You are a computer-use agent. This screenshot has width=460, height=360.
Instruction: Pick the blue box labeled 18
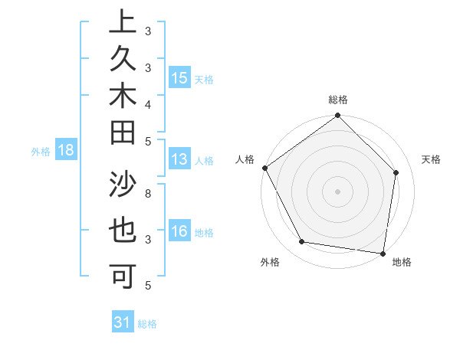pos(66,151)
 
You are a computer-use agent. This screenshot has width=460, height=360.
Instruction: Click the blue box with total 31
pos(122,322)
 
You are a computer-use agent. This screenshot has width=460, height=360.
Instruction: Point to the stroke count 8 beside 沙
pos(147,194)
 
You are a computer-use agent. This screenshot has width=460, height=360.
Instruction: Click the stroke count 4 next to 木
pos(147,103)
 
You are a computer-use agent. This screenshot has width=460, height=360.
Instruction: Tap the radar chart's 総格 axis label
pos(338,100)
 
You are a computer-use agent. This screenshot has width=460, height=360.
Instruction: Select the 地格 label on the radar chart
pos(402,263)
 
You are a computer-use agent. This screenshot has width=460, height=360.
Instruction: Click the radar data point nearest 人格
pos(264,168)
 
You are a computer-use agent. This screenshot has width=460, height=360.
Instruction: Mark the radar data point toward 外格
pos(301,242)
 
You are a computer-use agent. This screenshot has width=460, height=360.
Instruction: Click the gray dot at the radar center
pos(338,191)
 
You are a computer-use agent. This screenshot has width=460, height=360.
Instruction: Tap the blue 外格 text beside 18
pos(41,152)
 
